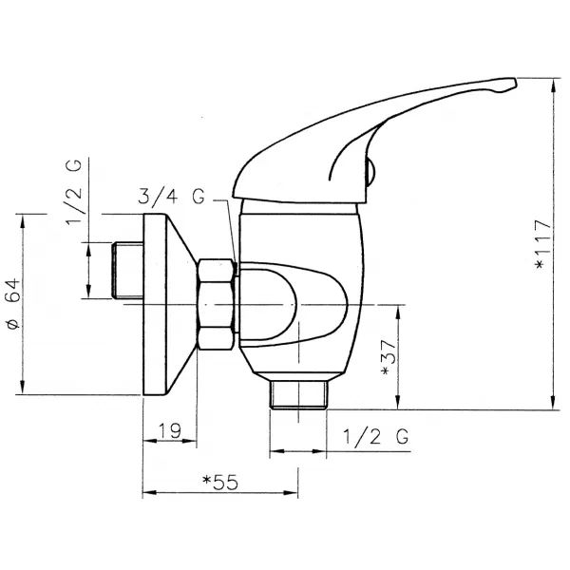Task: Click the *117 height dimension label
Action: (x=541, y=246)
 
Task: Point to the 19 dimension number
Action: (x=170, y=430)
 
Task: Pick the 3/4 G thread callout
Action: (x=171, y=199)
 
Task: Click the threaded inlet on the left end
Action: (x=126, y=271)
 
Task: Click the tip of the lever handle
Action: (x=508, y=85)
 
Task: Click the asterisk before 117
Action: (x=541, y=265)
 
